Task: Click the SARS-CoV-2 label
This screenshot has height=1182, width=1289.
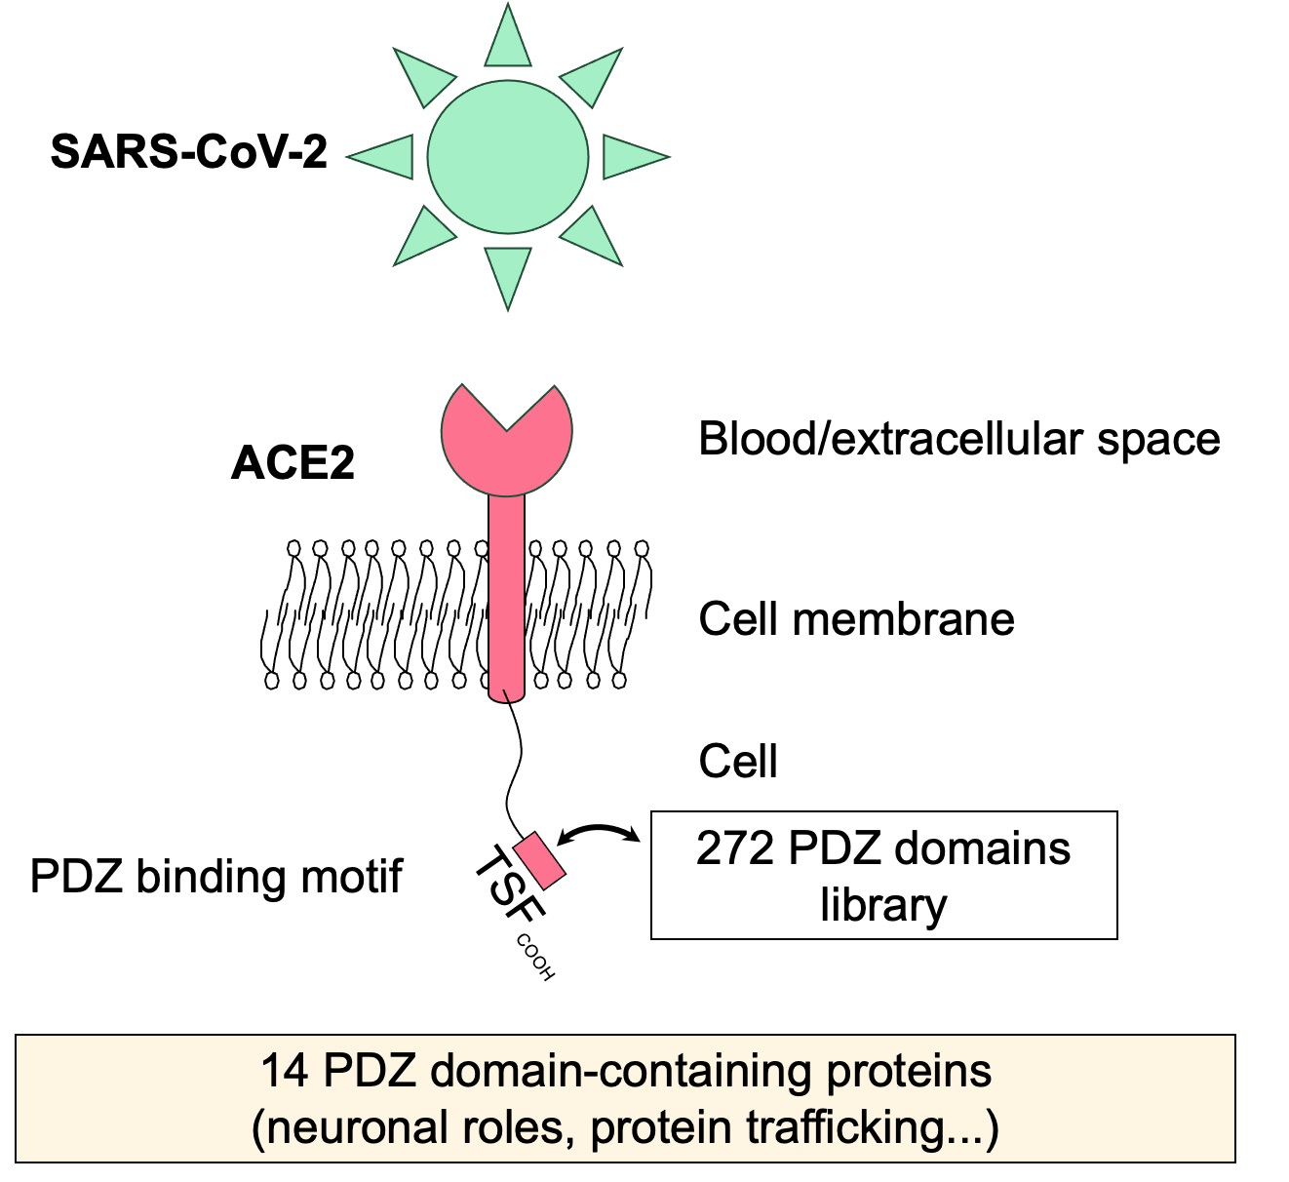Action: point(188,153)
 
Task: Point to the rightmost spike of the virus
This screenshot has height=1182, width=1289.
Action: point(632,156)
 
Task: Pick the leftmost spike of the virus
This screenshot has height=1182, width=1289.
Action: point(382,156)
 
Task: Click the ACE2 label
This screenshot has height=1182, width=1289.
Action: point(292,462)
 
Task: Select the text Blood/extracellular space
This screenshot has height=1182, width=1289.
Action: point(958,439)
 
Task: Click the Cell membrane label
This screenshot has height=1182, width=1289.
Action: point(856,619)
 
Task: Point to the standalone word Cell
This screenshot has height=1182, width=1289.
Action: point(738,761)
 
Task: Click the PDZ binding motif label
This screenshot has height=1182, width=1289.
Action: point(215,876)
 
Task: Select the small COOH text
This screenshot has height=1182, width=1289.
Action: point(535,957)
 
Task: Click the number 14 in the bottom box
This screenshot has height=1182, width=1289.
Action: point(284,1071)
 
